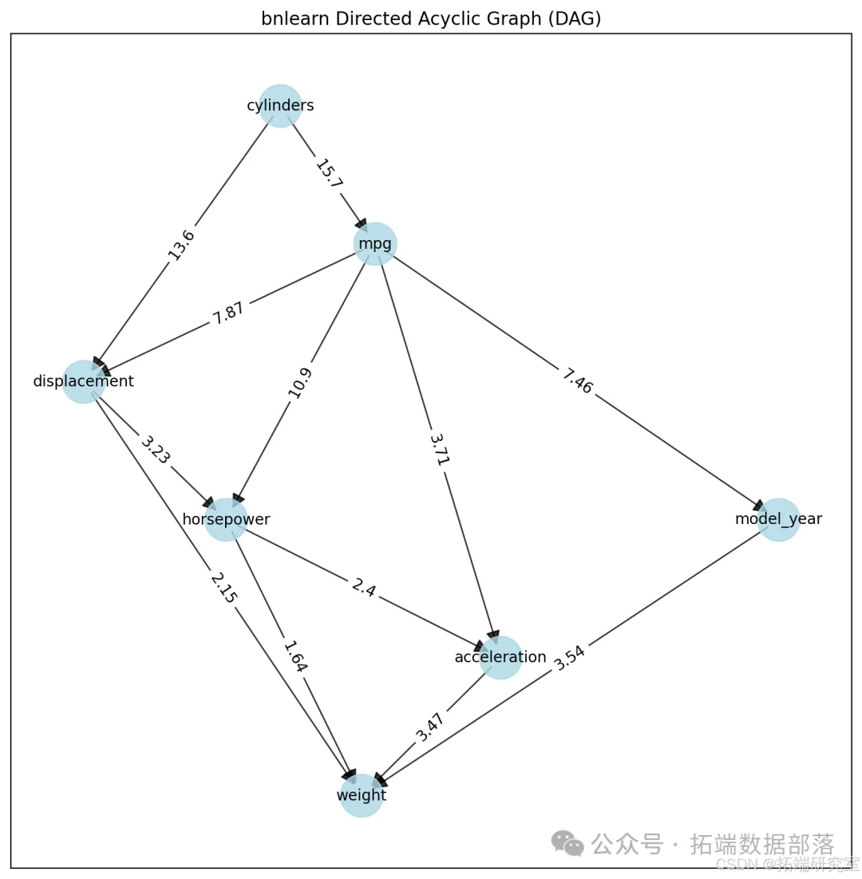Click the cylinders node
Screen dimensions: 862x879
pos(280,105)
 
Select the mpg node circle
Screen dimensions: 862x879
pos(375,243)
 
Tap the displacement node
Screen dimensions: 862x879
pos(84,381)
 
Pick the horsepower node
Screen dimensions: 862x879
pos(227,519)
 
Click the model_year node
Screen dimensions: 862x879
pos(778,519)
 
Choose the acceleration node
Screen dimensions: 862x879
pos(500,657)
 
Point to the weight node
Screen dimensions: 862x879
pos(362,795)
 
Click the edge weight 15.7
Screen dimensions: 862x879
pos(328,174)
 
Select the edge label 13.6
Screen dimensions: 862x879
pos(181,243)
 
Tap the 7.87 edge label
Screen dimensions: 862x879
pos(229,313)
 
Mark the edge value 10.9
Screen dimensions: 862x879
pos(301,382)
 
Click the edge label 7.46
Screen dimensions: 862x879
pos(577,381)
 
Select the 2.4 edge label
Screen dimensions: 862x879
pos(364,589)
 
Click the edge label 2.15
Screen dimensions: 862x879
pos(223,588)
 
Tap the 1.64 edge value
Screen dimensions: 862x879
pos(295,657)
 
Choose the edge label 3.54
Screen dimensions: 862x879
pos(570,657)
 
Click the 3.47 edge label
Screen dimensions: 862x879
pos(430,727)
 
